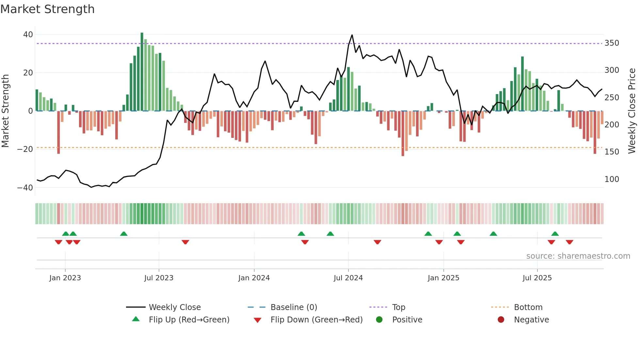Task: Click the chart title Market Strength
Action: pos(47,9)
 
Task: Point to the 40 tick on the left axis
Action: pos(28,35)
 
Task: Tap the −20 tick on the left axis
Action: pos(25,149)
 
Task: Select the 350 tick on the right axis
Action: pos(612,43)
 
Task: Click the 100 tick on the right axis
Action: pos(612,179)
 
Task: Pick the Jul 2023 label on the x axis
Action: pos(159,278)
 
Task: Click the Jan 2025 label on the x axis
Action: pos(443,278)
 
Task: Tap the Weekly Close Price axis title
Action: pos(632,111)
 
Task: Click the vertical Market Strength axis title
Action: pos(6,111)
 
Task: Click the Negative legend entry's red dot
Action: pos(501,320)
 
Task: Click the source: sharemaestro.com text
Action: pos(578,256)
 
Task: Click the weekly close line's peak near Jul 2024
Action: pos(352,35)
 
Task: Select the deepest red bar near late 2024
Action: pos(403,134)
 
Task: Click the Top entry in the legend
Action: pos(398,307)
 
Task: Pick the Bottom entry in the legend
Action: pos(528,307)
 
